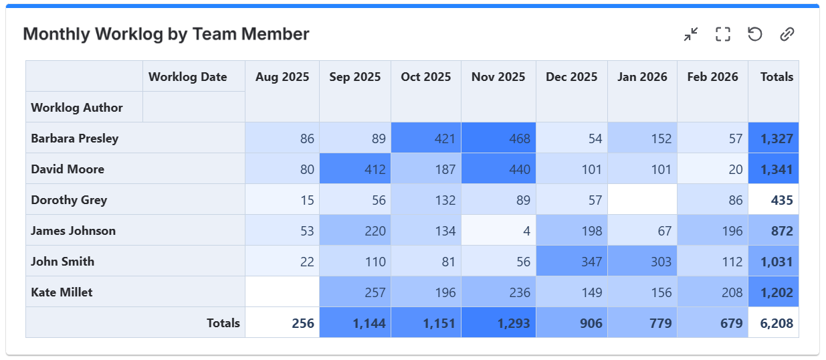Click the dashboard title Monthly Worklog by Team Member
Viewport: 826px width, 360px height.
pyautogui.click(x=166, y=34)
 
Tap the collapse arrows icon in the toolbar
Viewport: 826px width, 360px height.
pyautogui.click(x=691, y=34)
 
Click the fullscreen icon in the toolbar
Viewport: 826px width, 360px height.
pyautogui.click(x=723, y=34)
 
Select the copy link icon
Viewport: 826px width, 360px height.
pyautogui.click(x=787, y=34)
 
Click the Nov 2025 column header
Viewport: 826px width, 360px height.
pyautogui.click(x=498, y=77)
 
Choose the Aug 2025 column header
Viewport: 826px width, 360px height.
pyautogui.click(x=282, y=77)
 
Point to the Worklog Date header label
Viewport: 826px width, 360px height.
pyautogui.click(x=187, y=77)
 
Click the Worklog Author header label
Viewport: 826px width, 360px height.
pyautogui.click(x=77, y=108)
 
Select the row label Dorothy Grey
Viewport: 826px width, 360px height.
pyautogui.click(x=69, y=200)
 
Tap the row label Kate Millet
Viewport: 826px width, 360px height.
pyautogui.click(x=62, y=292)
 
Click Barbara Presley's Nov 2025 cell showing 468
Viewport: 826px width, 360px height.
pyautogui.click(x=498, y=139)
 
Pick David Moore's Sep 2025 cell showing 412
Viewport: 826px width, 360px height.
pyautogui.click(x=355, y=169)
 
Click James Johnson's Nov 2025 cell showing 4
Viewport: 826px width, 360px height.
pyautogui.click(x=498, y=231)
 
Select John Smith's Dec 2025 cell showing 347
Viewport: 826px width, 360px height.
pyautogui.click(x=572, y=262)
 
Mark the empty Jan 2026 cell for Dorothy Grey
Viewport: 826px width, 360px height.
pyautogui.click(x=642, y=200)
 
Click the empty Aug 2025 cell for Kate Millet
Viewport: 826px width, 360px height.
pyautogui.click(x=282, y=292)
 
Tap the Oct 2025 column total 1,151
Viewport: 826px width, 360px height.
pyautogui.click(x=426, y=324)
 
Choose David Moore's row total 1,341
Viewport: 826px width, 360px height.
pyautogui.click(x=774, y=169)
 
